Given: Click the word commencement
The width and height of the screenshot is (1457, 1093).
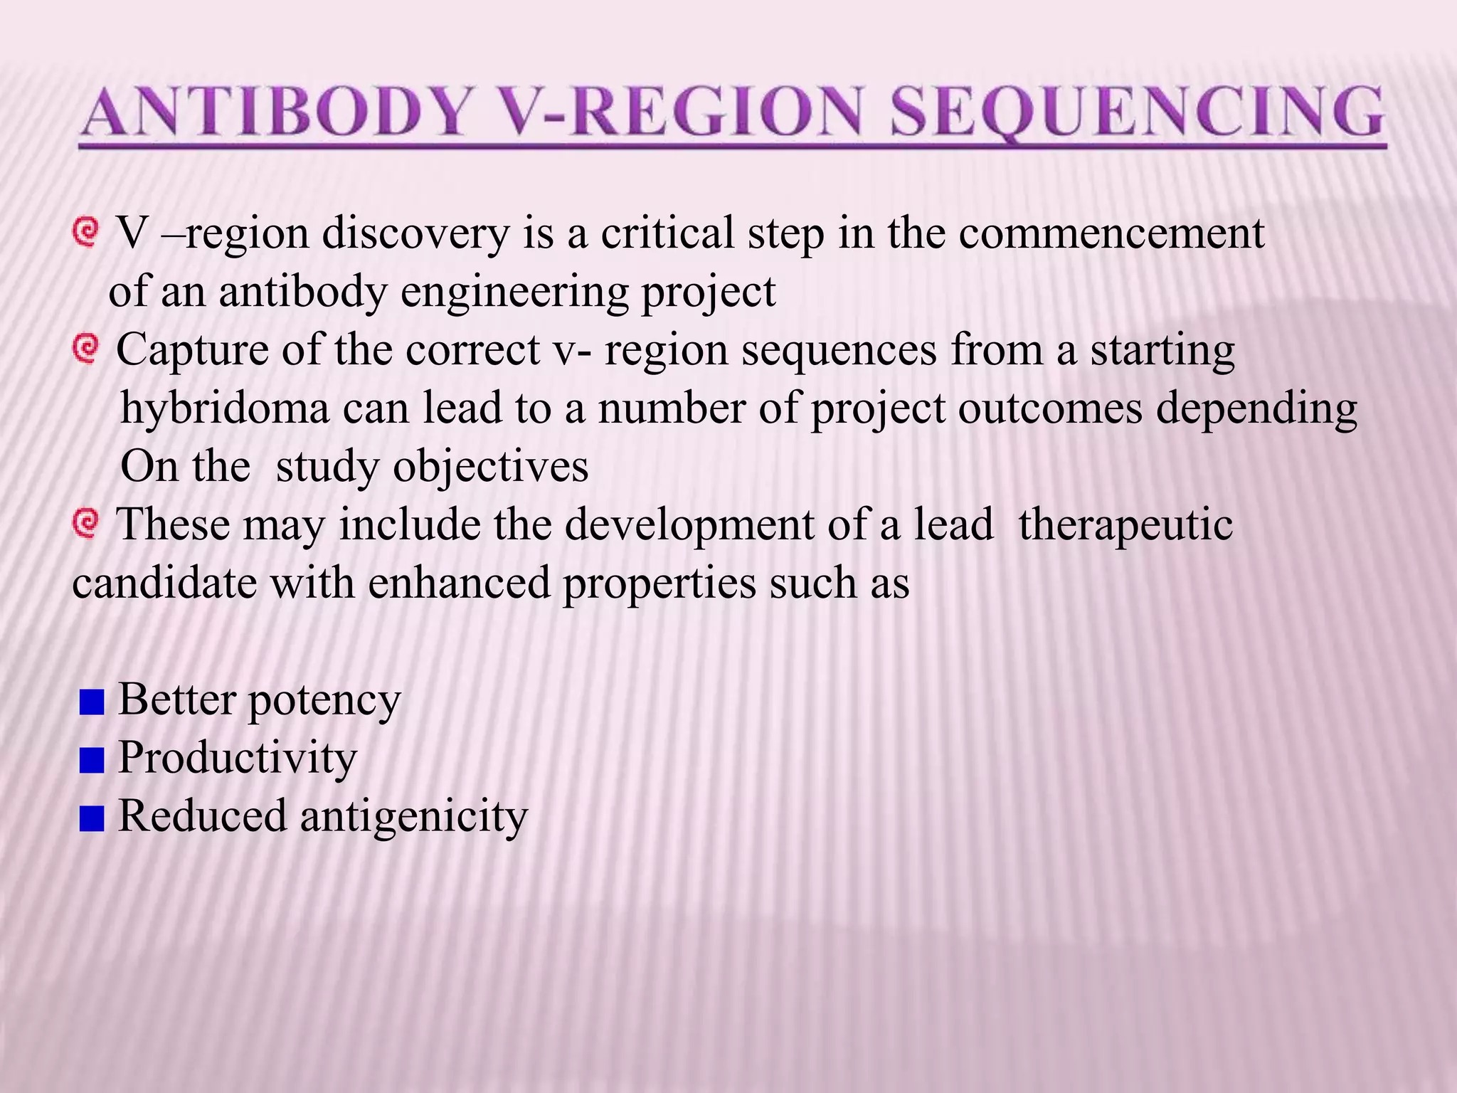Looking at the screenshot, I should [1111, 233].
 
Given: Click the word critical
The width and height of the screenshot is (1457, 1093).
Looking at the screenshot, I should [667, 233].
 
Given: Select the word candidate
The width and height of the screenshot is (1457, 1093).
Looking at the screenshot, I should [164, 584].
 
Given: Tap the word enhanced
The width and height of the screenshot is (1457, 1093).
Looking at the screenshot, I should [460, 584].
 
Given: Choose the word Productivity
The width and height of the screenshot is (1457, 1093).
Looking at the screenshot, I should [238, 759].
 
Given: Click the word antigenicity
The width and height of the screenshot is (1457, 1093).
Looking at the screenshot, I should [414, 817].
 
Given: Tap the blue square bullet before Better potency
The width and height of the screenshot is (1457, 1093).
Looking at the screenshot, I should [92, 703].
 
